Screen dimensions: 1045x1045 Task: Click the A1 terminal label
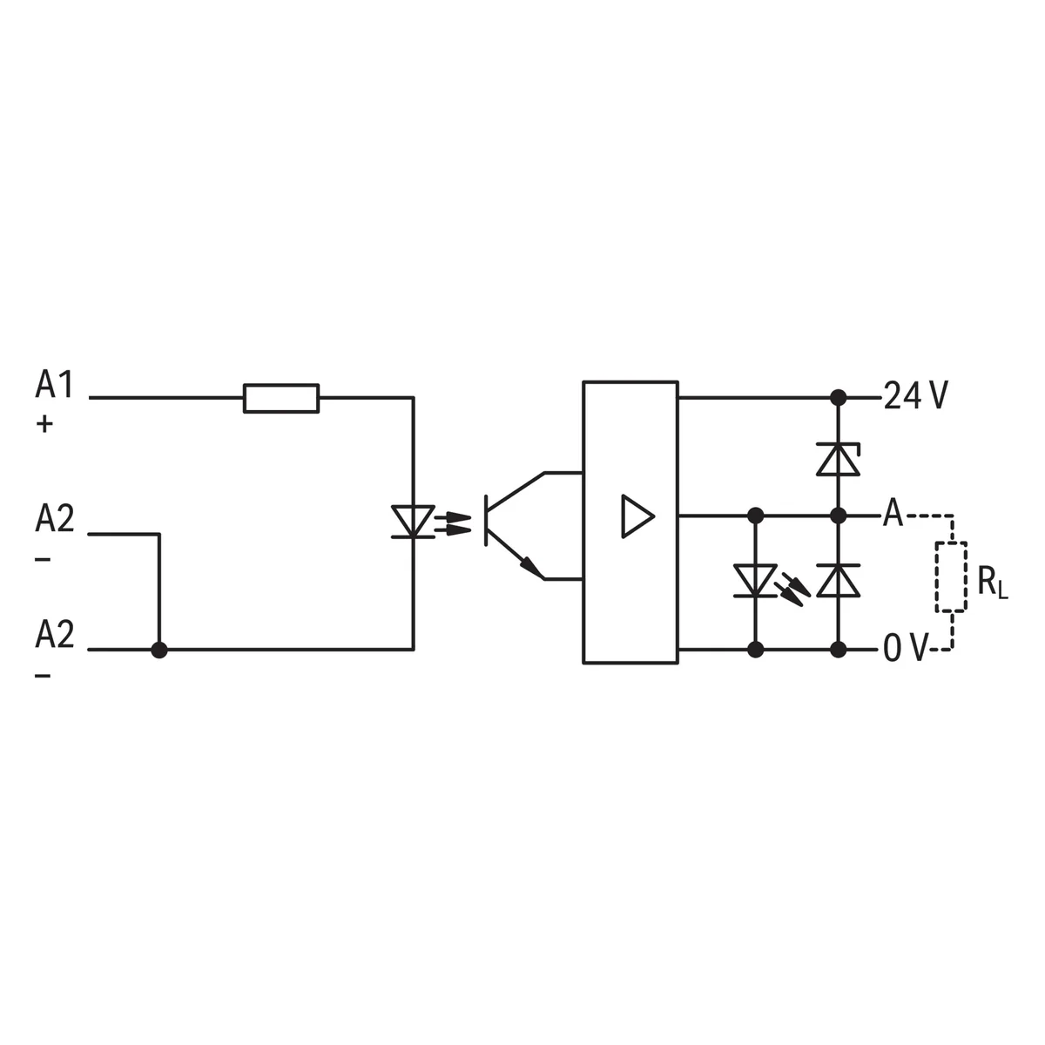[x=54, y=384]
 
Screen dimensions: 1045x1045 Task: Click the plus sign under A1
[x=44, y=424]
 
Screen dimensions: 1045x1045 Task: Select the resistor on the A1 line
[x=280, y=398]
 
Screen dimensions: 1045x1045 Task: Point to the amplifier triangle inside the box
[x=637, y=516]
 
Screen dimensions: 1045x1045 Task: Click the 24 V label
[x=915, y=397]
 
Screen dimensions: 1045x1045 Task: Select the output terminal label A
[x=893, y=515]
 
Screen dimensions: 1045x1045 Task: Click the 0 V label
[x=905, y=650]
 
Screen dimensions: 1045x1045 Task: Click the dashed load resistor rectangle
[x=952, y=576]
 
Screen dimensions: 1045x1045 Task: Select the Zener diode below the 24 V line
[x=839, y=459]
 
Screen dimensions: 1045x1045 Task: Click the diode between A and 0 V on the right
[x=839, y=581]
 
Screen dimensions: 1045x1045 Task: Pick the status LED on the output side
[x=755, y=581]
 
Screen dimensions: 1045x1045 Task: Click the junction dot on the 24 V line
[x=839, y=398]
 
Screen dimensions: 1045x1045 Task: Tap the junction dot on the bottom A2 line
[x=159, y=650]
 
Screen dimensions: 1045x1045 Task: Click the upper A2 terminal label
[x=54, y=519]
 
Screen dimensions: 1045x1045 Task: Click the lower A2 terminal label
[x=54, y=636]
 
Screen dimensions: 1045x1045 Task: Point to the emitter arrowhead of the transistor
[x=529, y=568]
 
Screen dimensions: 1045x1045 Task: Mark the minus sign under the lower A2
[x=44, y=676]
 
